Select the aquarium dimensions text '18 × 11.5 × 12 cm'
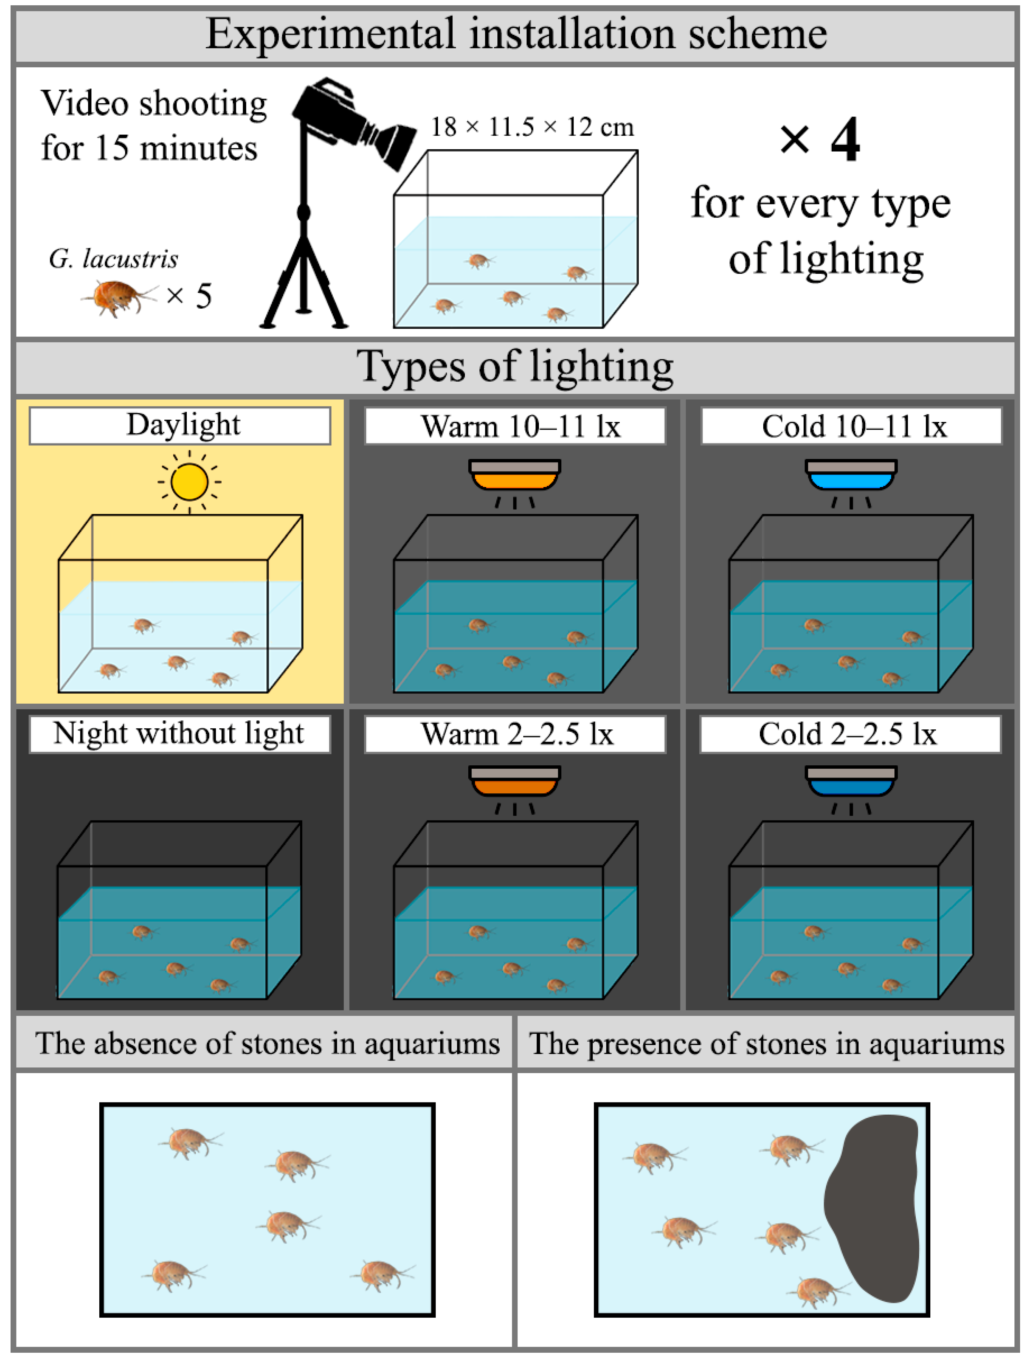[x=532, y=127]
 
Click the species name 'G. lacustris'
[x=114, y=259]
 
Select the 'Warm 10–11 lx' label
[x=515, y=426]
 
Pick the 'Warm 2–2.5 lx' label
[x=515, y=734]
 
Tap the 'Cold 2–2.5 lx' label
[x=850, y=734]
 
